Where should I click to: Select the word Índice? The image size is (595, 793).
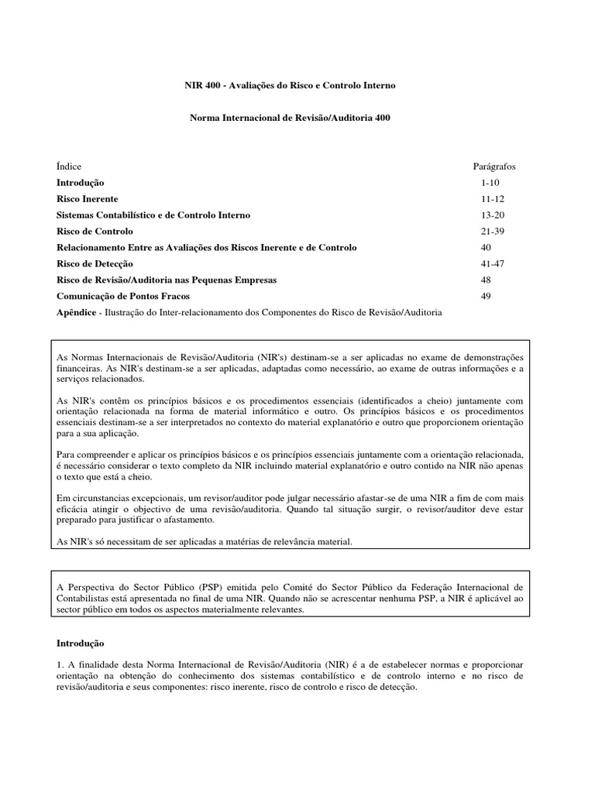pos(69,166)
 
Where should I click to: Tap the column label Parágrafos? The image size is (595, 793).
pos(494,166)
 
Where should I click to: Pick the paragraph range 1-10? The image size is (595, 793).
pos(490,183)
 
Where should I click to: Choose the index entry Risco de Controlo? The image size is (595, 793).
pos(95,232)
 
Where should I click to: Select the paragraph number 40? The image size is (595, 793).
pos(486,248)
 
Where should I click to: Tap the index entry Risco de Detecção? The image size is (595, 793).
pos(95,264)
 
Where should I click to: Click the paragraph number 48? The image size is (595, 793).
pos(486,280)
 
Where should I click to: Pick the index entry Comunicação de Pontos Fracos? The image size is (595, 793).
pos(122,296)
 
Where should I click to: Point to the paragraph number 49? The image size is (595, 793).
pos(486,296)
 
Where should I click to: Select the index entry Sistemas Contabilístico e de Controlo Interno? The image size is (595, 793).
pos(153,215)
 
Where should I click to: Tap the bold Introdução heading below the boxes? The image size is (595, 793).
pos(80,644)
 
